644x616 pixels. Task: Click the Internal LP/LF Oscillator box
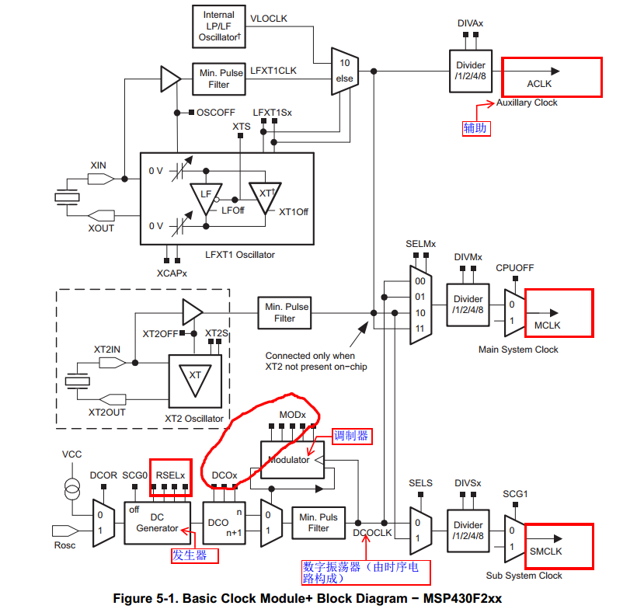[218, 26]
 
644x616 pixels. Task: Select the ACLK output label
[539, 83]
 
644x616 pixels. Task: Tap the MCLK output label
[547, 325]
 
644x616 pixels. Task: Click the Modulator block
[289, 460]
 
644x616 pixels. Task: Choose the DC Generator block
[157, 522]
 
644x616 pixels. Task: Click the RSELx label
[170, 474]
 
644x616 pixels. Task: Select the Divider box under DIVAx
[470, 72]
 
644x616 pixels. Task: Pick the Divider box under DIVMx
[468, 305]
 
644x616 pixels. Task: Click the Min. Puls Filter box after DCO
[319, 522]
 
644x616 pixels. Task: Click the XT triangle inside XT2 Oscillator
[195, 376]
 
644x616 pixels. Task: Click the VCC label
[71, 454]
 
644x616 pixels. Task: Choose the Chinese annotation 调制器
[351, 436]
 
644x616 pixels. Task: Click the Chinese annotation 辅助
[475, 127]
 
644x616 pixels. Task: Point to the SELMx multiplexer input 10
[419, 312]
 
